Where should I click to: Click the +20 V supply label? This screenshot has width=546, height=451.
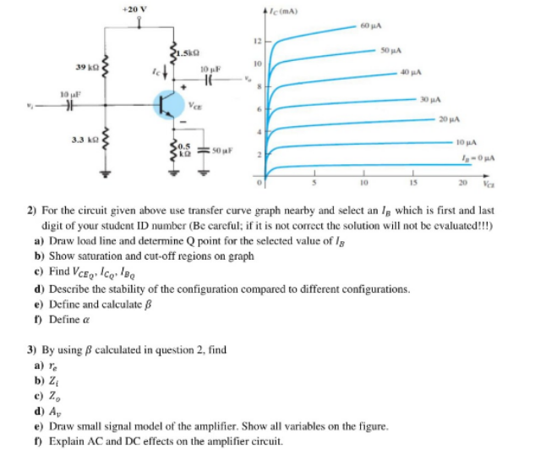point(134,8)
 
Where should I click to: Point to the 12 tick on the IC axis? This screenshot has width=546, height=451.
point(254,41)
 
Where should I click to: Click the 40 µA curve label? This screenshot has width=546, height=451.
point(412,73)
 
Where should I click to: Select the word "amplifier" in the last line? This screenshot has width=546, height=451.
point(233,442)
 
